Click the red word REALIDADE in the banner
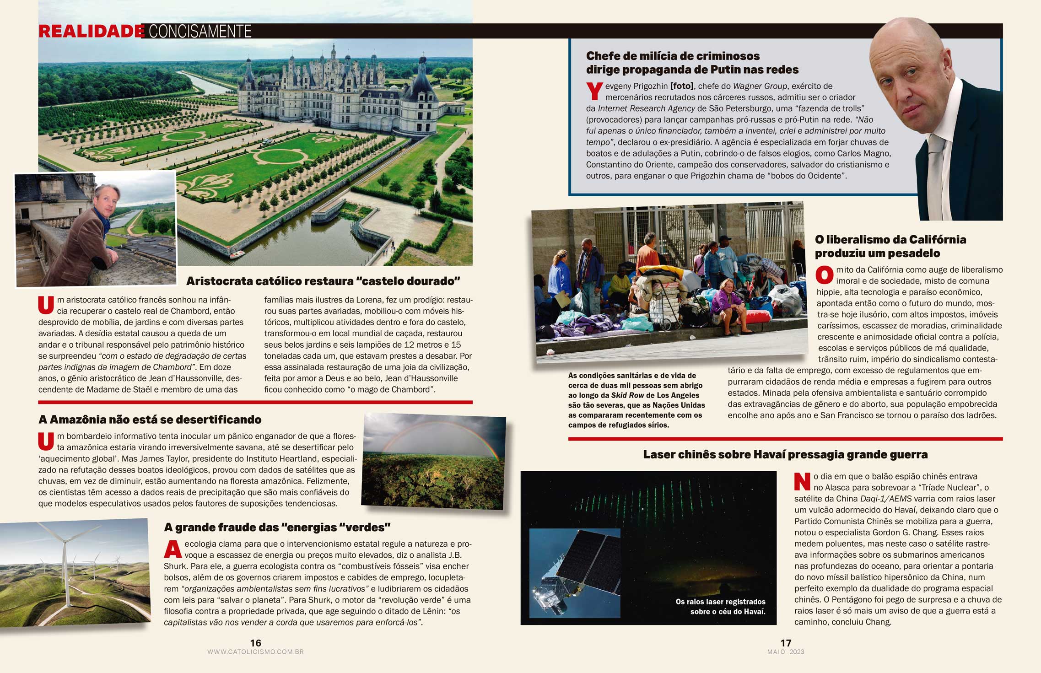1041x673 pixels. point(91,31)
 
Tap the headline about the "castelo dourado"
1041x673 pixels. point(323,281)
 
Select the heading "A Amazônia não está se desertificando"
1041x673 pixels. point(150,420)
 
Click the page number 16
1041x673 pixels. point(255,643)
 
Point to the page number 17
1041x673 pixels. point(786,643)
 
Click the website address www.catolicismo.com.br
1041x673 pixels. point(255,652)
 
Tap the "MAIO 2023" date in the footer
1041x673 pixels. point(786,652)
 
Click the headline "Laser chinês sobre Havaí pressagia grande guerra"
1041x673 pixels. point(785,455)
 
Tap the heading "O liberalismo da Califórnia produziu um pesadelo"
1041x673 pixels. point(890,246)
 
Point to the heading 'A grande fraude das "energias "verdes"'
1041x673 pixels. point(277,528)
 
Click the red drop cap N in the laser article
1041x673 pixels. point(802,482)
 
